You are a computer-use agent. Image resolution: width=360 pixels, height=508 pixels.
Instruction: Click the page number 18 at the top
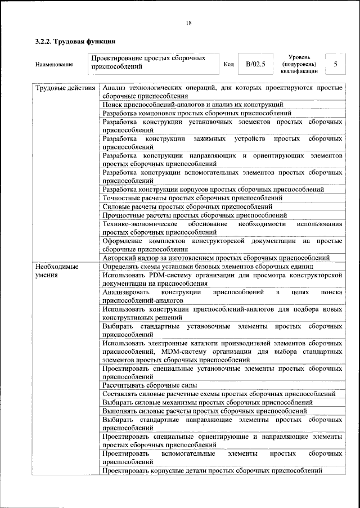tap(188, 23)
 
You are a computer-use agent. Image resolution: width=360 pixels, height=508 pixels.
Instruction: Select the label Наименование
tap(53, 64)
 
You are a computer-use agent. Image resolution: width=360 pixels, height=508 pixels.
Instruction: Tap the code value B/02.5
tap(255, 64)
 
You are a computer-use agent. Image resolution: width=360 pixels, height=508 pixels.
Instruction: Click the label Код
tap(228, 64)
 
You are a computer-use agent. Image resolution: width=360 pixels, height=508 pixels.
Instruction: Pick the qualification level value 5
tap(335, 64)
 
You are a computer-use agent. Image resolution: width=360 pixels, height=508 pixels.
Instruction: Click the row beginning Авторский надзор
tap(216, 258)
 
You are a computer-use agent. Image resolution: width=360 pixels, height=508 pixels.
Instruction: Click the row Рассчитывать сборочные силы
tap(150, 385)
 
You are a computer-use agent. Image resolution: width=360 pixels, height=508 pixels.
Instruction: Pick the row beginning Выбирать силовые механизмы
tap(208, 402)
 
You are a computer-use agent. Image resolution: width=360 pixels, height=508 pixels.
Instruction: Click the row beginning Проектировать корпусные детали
tap(213, 470)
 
